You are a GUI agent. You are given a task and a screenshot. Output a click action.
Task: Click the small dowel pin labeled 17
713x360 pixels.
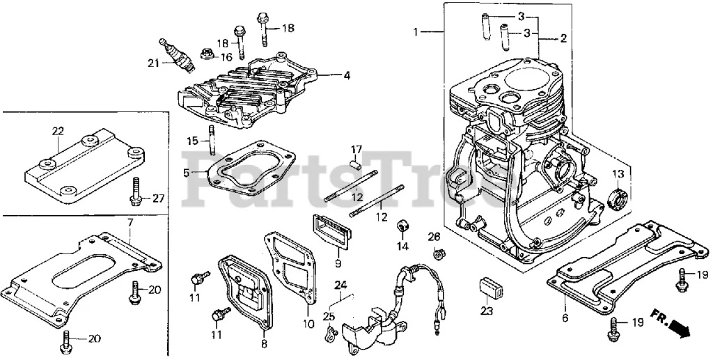(356, 164)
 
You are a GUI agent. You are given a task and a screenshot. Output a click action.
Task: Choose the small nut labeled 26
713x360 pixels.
(437, 253)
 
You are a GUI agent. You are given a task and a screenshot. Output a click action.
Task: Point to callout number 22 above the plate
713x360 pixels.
(58, 131)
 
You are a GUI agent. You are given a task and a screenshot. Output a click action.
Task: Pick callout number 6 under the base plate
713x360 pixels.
(565, 318)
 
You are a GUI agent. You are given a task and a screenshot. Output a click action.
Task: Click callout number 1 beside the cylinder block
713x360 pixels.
(416, 32)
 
